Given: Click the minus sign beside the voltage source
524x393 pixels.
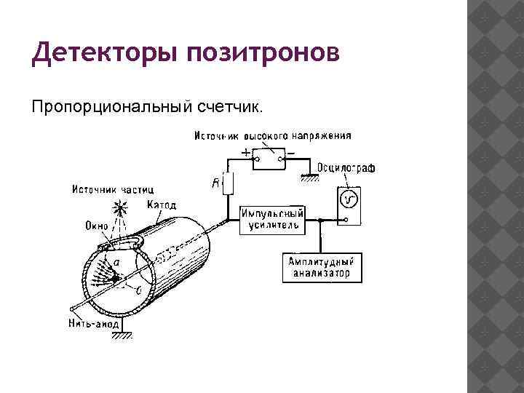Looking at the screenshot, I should (x=290, y=153).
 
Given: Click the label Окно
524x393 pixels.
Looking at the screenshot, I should (x=96, y=226).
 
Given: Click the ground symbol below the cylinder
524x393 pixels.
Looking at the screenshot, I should (x=125, y=335).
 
